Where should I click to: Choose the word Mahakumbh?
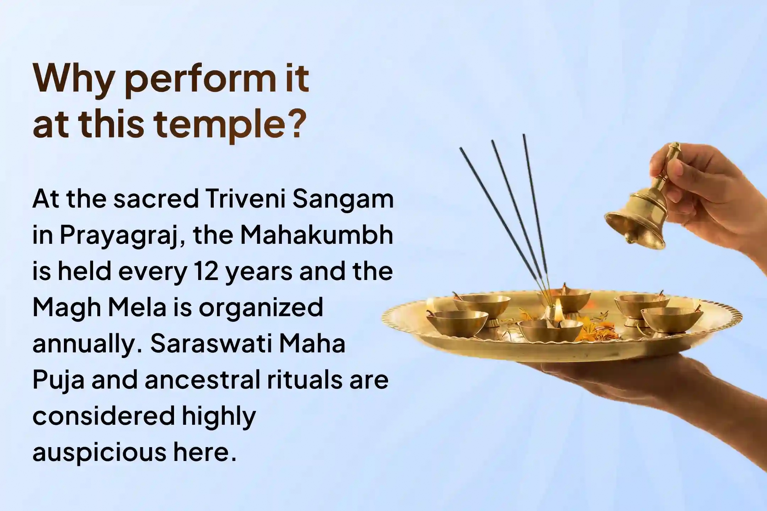pos(317,235)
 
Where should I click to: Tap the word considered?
pos(104,416)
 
